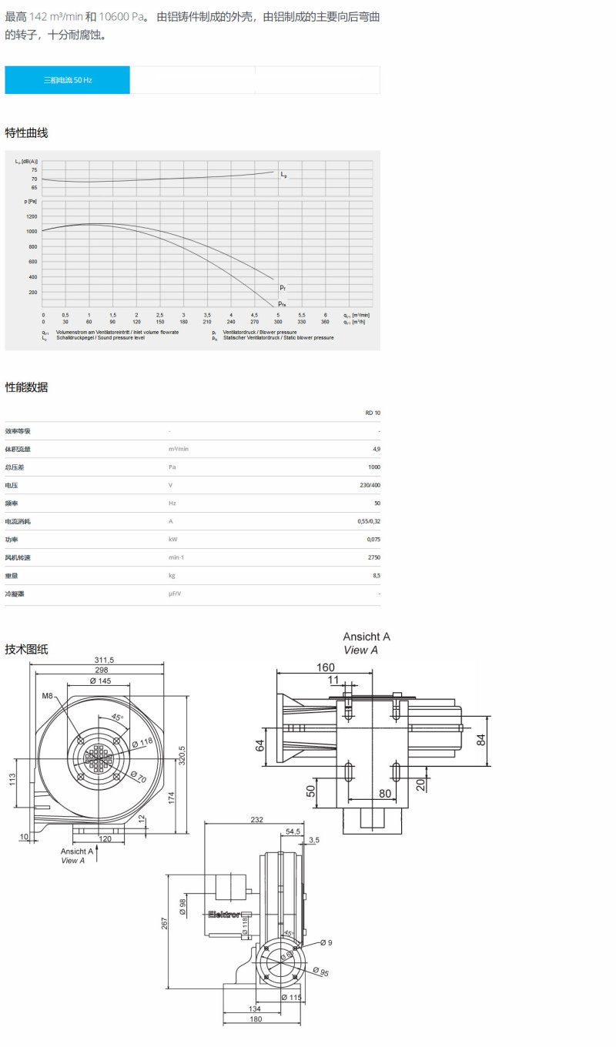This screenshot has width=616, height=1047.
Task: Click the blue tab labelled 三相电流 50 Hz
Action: pyautogui.click(x=68, y=80)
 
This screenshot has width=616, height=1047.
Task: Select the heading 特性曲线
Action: pyautogui.click(x=26, y=133)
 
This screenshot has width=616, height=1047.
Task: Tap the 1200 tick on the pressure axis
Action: pyautogui.click(x=32, y=216)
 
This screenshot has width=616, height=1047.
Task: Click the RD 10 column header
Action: pyautogui.click(x=373, y=413)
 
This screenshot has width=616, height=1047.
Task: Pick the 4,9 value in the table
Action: pyautogui.click(x=376, y=449)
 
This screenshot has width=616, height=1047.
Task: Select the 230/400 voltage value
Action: pyautogui.click(x=370, y=485)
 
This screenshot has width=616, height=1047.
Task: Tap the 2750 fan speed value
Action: pyautogui.click(x=373, y=557)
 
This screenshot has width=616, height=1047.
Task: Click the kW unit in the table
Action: pyautogui.click(x=173, y=539)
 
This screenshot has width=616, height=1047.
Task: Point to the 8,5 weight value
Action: pyautogui.click(x=376, y=575)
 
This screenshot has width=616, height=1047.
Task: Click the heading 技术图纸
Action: pyautogui.click(x=26, y=649)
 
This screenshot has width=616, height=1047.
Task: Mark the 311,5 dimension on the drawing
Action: pyautogui.click(x=104, y=660)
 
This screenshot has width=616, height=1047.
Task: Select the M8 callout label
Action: pyautogui.click(x=48, y=697)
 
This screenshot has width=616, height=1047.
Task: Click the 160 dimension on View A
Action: pyautogui.click(x=326, y=667)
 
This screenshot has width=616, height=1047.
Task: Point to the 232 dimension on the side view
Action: pyautogui.click(x=256, y=820)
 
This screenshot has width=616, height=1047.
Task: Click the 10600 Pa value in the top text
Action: pyautogui.click(x=120, y=16)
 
